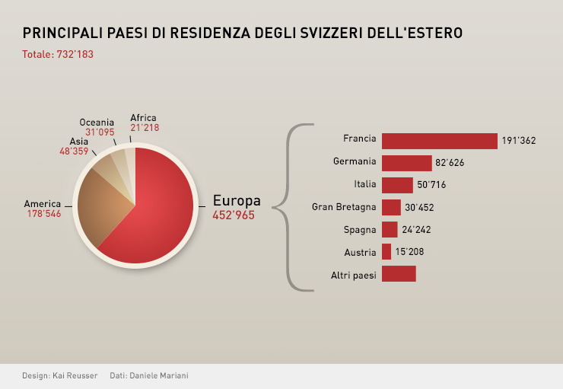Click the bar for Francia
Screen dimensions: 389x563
click(439, 141)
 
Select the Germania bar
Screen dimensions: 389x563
click(406, 163)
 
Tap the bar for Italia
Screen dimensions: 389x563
click(397, 185)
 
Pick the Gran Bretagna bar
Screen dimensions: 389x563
click(391, 207)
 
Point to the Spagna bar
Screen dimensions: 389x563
click(390, 229)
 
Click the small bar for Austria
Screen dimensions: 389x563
click(386, 251)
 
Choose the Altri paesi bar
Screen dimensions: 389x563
click(399, 274)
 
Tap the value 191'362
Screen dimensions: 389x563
click(519, 141)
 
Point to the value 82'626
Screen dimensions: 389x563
click(450, 163)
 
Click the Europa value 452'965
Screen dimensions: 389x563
click(234, 215)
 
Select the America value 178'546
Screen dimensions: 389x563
click(44, 214)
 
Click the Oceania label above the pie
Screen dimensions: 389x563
click(97, 122)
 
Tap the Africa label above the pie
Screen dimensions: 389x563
click(143, 118)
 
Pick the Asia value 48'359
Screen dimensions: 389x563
click(74, 151)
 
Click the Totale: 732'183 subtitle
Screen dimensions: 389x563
click(58, 55)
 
